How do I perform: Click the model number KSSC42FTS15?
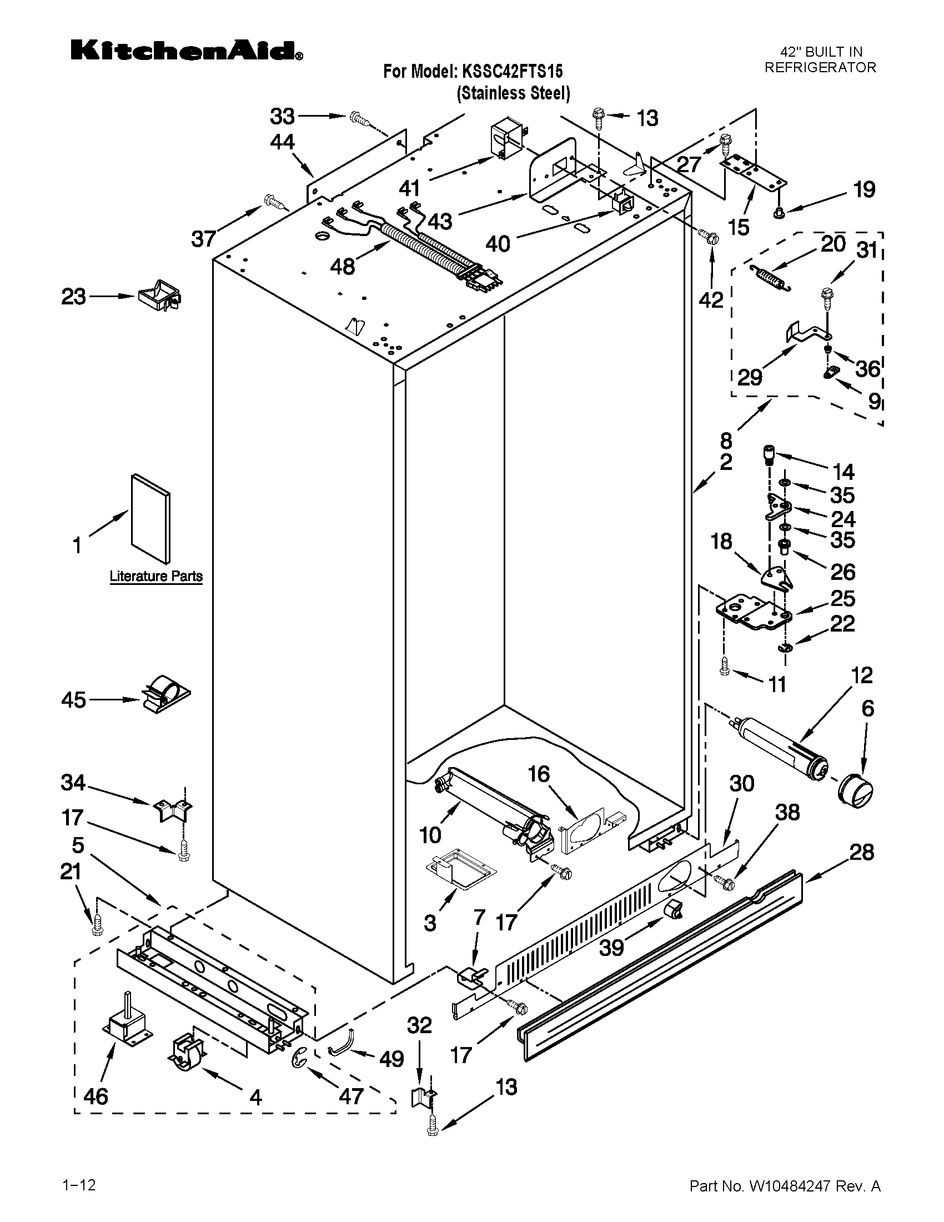point(511,71)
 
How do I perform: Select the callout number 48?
point(342,266)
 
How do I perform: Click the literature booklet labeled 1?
point(150,518)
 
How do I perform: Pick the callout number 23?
point(73,296)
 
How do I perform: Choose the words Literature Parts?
point(156,576)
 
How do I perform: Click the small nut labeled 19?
point(780,213)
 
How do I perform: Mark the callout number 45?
point(73,699)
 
